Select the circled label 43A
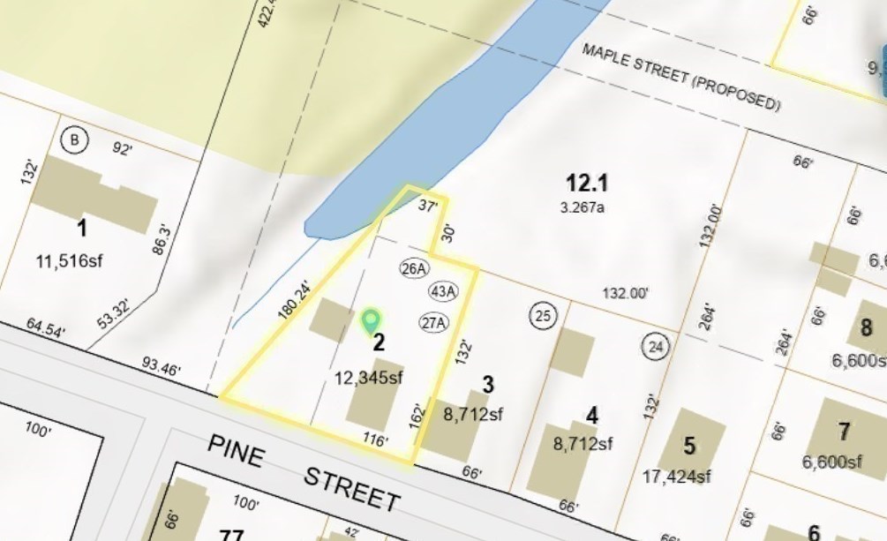(443, 291)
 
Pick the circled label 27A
(432, 322)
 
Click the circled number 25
(543, 315)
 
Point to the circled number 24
(655, 345)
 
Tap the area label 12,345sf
(369, 378)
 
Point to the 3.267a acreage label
(585, 208)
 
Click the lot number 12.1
(587, 184)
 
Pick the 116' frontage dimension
(374, 440)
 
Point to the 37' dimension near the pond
(428, 207)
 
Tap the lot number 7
(844, 432)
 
